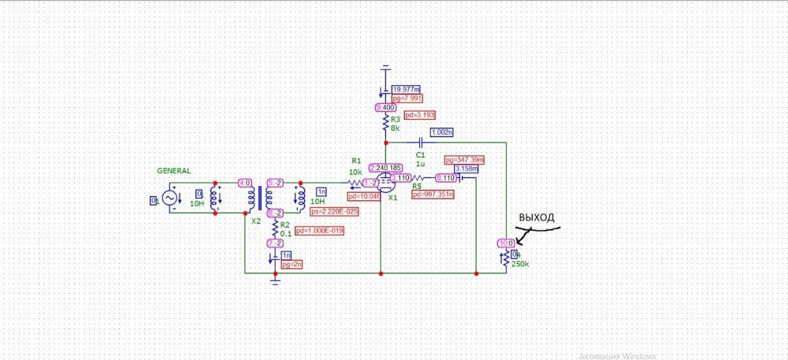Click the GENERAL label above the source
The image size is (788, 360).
173,171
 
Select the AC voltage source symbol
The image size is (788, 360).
169,199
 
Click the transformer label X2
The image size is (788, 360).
255,221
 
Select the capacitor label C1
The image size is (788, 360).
420,155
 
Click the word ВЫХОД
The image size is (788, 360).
536,217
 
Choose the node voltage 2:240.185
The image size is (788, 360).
385,168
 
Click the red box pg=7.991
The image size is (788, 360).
407,98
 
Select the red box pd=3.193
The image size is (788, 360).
418,115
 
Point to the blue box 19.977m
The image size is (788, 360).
406,89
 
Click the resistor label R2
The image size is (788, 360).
284,224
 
